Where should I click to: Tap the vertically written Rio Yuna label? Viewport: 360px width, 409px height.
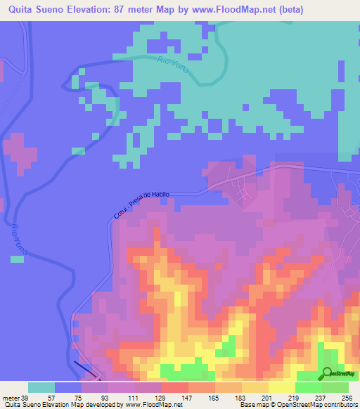tap(19, 239)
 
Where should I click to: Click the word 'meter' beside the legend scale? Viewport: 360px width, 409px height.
tap(10, 397)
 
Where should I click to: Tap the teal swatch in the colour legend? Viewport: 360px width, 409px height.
tap(41, 387)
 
